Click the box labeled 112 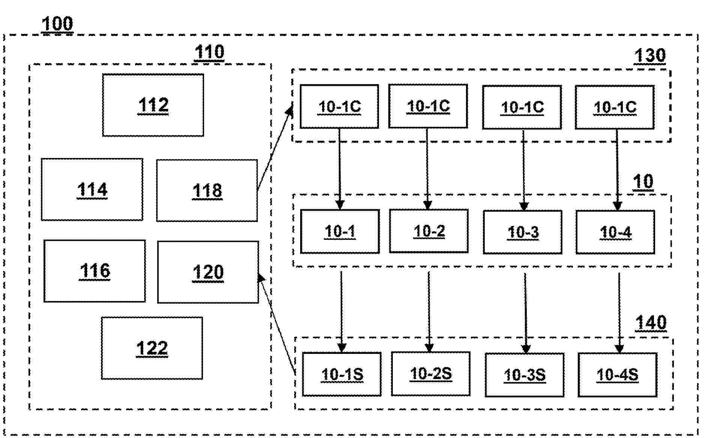click(x=153, y=105)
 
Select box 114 click(x=92, y=190)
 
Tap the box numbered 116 click(x=95, y=271)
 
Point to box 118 click(x=207, y=190)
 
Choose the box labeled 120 click(x=208, y=272)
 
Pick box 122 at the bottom click(x=152, y=348)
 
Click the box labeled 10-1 click(x=340, y=232)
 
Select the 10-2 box click(x=429, y=231)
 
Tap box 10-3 click(x=523, y=232)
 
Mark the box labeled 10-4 click(x=615, y=232)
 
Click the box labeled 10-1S click(x=342, y=374)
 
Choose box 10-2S click(x=431, y=373)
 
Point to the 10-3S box click(x=525, y=375)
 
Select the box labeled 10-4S click(x=618, y=375)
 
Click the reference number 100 click(x=57, y=24)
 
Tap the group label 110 click(x=209, y=52)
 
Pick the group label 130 click(x=649, y=56)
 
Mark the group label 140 click(x=651, y=322)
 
